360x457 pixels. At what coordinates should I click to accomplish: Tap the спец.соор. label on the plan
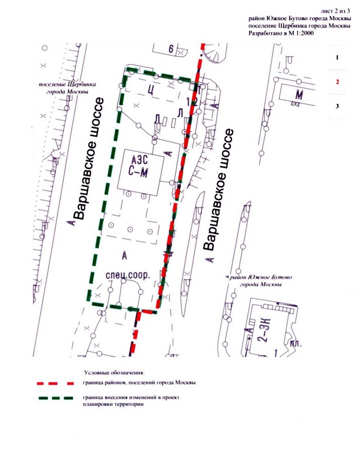128,276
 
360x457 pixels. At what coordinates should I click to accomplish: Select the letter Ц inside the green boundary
150,90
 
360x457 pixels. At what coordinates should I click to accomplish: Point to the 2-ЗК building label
262,333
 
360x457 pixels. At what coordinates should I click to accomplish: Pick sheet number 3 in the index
337,105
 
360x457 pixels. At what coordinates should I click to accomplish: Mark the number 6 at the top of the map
171,49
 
